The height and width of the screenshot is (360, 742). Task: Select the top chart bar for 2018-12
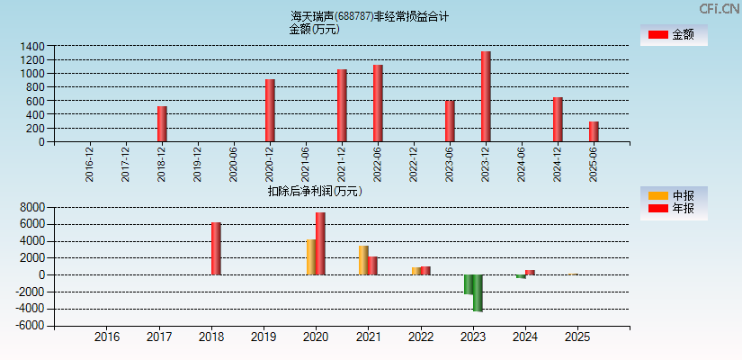[x=162, y=124]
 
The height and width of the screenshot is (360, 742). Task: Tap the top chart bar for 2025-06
[x=594, y=131]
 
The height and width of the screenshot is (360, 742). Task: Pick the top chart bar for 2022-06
[x=378, y=103]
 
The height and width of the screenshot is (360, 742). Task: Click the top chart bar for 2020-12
[x=270, y=111]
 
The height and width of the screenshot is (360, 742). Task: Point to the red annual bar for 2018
[x=216, y=248]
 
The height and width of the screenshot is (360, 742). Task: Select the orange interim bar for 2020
[x=311, y=256]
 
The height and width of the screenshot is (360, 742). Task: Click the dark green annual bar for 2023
[x=478, y=292]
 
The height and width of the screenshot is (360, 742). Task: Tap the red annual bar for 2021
[x=372, y=265]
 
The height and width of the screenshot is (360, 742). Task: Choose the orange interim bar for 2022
[x=416, y=271]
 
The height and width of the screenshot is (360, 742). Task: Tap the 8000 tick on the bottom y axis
[x=32, y=207]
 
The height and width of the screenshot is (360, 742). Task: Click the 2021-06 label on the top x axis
[x=306, y=165]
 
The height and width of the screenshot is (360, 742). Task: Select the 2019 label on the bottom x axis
[x=264, y=337]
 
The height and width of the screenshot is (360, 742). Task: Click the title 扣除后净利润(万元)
[x=314, y=191]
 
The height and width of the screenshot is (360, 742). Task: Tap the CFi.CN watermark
[x=719, y=9]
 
